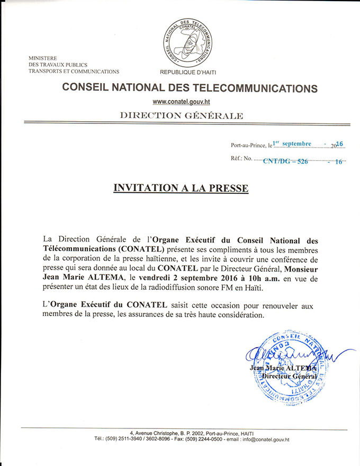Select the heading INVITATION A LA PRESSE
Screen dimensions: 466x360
[181, 188]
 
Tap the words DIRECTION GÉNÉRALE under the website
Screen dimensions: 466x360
[182, 115]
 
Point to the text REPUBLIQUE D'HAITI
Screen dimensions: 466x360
[188, 72]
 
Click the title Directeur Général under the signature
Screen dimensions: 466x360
[290, 376]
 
